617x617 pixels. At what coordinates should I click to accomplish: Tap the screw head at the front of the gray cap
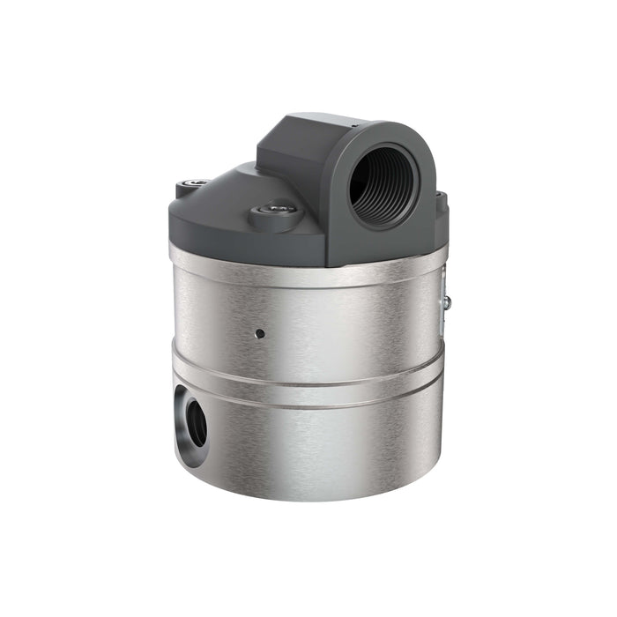point(279,210)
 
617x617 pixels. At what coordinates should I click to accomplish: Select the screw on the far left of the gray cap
point(197,182)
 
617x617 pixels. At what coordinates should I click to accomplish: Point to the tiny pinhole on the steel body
point(260,334)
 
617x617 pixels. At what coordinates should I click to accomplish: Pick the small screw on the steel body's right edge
point(448,302)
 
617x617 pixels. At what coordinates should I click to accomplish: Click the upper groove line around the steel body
point(308,370)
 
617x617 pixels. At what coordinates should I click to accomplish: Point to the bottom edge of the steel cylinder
point(308,498)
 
